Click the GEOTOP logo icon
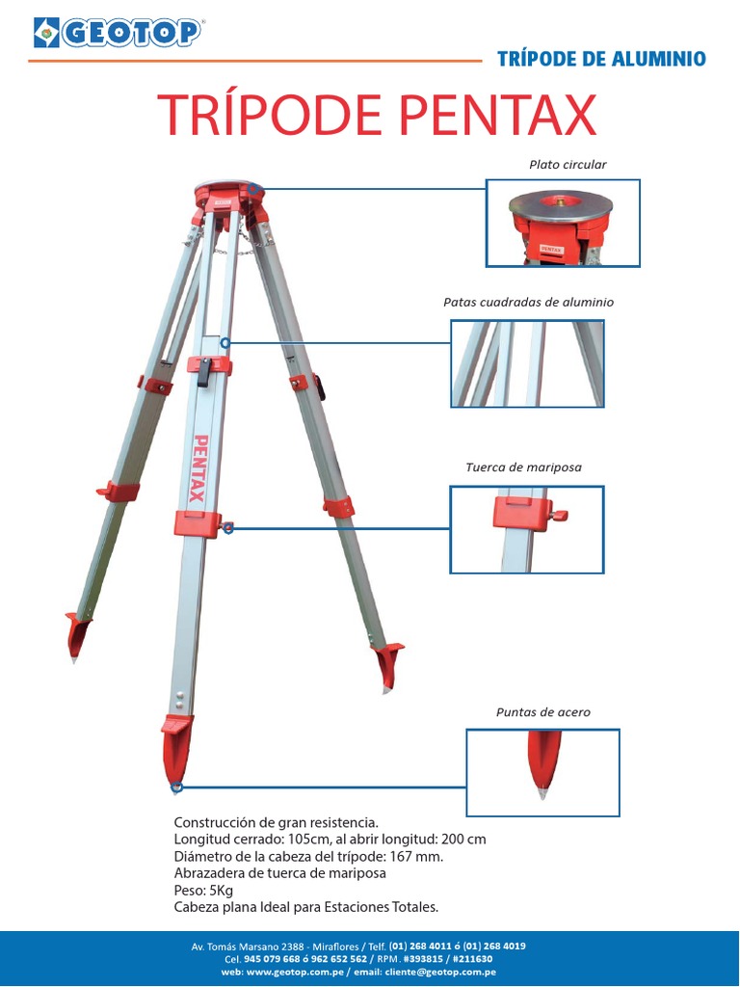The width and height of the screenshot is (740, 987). point(46,33)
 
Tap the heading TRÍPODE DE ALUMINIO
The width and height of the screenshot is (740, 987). point(601,59)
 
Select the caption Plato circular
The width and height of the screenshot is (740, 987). point(568,165)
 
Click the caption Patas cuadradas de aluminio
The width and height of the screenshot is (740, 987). point(529,302)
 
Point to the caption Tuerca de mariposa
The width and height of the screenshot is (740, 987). point(523,467)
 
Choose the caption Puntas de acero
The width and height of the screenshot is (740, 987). point(543,712)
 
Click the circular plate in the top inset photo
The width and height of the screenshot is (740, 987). point(561,204)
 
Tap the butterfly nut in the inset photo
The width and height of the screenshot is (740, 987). point(557,515)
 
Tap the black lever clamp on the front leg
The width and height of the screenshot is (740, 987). point(204,371)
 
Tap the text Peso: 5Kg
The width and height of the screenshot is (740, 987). point(203,891)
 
